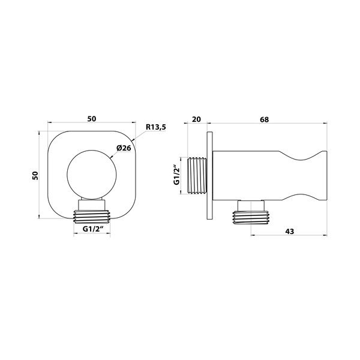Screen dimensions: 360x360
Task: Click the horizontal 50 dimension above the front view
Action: (x=92, y=119)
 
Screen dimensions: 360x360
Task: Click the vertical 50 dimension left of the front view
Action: (x=35, y=175)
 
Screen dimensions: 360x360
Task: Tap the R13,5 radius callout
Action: (x=156, y=127)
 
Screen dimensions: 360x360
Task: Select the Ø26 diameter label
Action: (x=124, y=148)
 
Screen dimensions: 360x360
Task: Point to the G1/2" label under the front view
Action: (x=92, y=229)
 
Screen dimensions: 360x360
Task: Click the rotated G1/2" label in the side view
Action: (x=176, y=175)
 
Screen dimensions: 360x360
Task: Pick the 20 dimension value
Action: (x=196, y=119)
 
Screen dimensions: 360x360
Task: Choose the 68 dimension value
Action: (x=264, y=119)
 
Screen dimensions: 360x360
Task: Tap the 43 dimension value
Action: (x=290, y=231)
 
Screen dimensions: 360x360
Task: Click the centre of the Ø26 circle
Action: (x=92, y=175)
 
